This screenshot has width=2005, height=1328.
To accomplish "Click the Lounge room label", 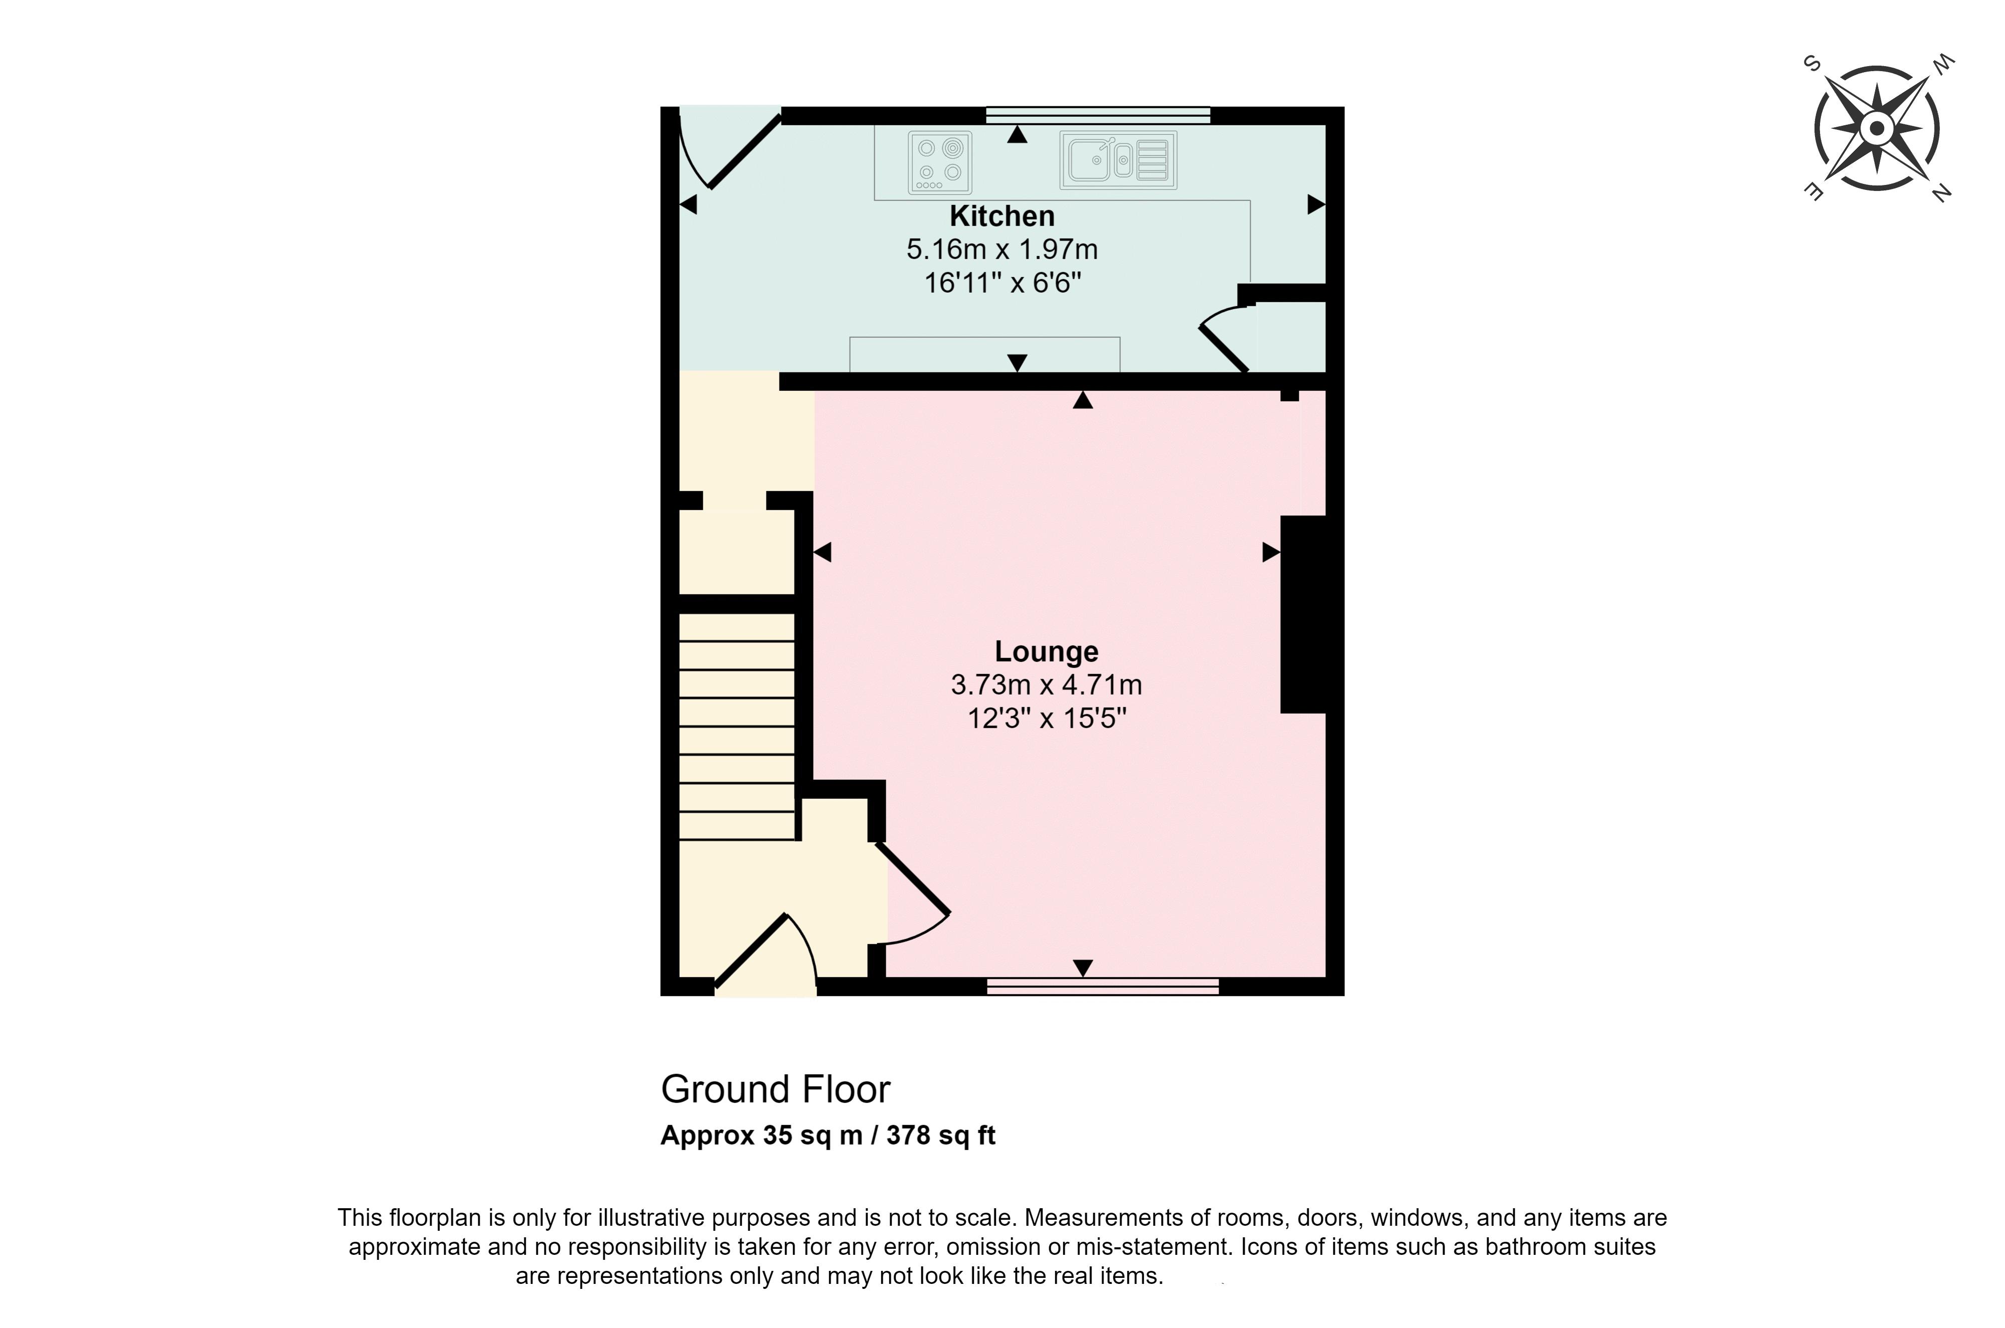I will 1046,651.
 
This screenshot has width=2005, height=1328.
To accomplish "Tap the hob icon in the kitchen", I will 939,162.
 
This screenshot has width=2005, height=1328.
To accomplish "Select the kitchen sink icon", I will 1118,160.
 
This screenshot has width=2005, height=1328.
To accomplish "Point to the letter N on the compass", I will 1941,193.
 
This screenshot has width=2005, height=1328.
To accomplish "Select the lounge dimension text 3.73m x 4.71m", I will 1046,685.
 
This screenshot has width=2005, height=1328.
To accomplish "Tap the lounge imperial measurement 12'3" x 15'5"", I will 1046,718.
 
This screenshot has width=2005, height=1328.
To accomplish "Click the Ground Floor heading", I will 775,1089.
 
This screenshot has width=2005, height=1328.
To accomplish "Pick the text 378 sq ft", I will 940,1135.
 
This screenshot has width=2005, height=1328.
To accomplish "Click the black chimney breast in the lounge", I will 1304,614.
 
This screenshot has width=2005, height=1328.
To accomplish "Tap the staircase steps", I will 737,727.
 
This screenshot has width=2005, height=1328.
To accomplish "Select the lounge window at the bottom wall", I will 1102,985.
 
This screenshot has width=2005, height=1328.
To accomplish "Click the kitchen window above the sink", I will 1098,115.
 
